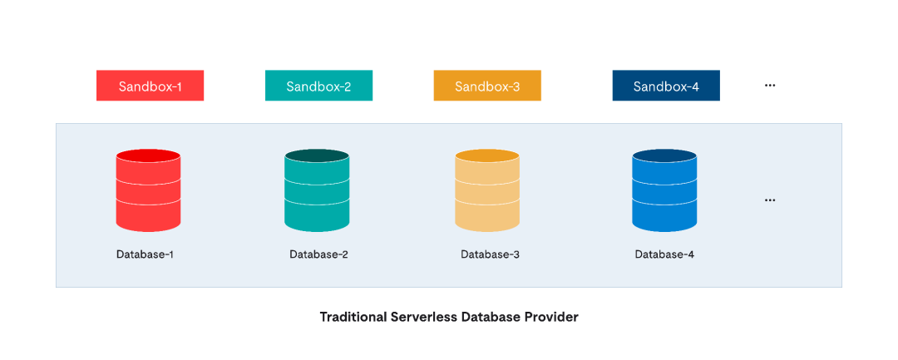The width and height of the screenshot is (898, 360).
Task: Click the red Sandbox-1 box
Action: [150, 86]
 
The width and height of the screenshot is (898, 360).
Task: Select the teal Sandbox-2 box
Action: [318, 86]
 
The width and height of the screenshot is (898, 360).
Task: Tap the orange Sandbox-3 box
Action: [487, 86]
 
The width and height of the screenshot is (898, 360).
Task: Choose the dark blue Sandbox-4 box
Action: [666, 86]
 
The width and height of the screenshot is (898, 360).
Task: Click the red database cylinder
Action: [148, 190]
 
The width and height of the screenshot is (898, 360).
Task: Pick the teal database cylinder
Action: [317, 190]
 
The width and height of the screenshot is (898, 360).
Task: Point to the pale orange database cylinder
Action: [487, 190]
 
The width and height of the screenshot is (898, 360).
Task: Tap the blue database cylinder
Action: [665, 190]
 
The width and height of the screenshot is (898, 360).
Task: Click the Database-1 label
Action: [145, 254]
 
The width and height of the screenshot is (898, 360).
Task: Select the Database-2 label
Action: [318, 254]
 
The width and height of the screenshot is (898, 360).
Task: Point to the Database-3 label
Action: [491, 254]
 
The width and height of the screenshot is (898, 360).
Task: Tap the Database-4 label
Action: [664, 254]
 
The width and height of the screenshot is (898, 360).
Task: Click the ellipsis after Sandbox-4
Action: [770, 86]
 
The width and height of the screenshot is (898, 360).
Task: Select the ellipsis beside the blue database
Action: [770, 200]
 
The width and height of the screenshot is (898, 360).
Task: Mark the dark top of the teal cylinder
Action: [317, 155]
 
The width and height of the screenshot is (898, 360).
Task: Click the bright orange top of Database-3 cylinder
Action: [487, 155]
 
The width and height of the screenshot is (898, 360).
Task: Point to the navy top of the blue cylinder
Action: [665, 155]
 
